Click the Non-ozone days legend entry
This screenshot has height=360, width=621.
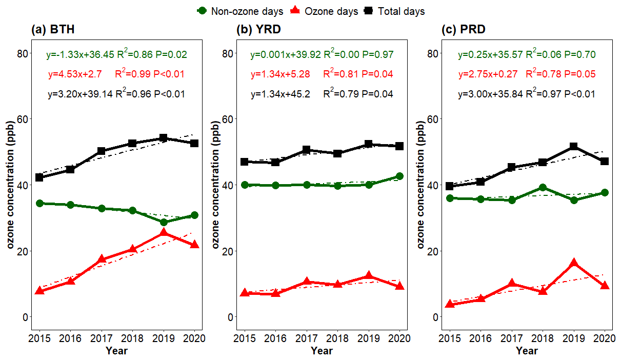click(x=240, y=11)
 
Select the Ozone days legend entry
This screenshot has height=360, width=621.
click(x=325, y=11)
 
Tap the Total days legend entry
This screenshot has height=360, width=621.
click(x=394, y=11)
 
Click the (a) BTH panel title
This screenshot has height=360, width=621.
click(x=53, y=30)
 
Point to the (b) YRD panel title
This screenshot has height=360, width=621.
click(x=258, y=30)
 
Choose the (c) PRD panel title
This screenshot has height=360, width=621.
click(x=464, y=30)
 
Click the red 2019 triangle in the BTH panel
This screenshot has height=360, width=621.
click(x=164, y=233)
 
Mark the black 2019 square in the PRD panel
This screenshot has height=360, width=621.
click(x=574, y=147)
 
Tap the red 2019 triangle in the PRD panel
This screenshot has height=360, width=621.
click(x=574, y=263)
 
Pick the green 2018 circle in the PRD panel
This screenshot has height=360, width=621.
click(x=543, y=188)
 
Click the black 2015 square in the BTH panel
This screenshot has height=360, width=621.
click(x=39, y=177)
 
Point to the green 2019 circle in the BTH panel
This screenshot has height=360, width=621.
click(x=164, y=222)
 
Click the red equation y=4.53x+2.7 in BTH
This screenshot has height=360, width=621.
click(x=71, y=74)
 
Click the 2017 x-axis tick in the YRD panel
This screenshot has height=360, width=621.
click(x=306, y=338)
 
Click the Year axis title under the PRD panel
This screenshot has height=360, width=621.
click(x=527, y=351)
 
